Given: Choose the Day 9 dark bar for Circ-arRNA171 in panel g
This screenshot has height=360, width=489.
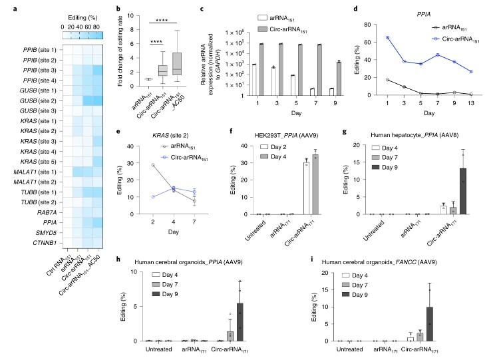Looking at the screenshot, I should (x=460, y=191).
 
